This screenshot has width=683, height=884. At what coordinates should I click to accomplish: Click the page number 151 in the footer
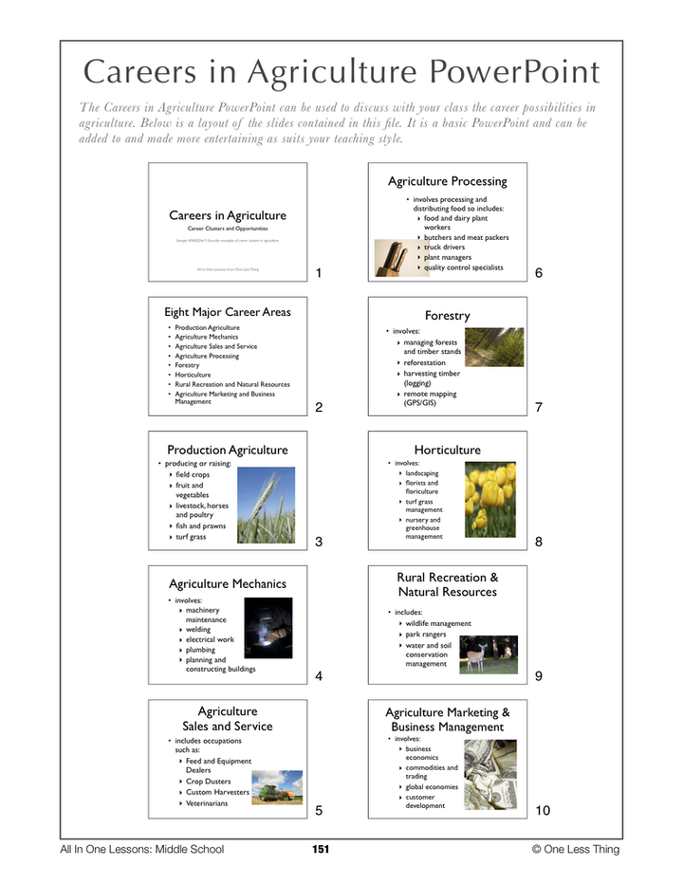click(x=320, y=849)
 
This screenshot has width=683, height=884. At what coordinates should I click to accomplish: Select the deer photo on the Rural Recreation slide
click(x=489, y=654)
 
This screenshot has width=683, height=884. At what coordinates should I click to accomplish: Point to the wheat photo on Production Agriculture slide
click(x=266, y=504)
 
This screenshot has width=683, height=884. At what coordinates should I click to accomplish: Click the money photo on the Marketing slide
click(x=489, y=772)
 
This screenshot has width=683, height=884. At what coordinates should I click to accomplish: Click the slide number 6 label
click(x=539, y=273)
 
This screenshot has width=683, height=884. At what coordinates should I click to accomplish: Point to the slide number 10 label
click(x=543, y=811)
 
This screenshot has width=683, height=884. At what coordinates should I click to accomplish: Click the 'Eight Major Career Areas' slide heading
click(x=228, y=311)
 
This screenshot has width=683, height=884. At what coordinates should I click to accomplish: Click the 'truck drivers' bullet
click(x=444, y=248)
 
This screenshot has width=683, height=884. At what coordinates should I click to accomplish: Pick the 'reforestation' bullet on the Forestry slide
click(x=431, y=362)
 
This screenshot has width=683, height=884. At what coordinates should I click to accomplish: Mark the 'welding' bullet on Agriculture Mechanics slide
click(x=199, y=629)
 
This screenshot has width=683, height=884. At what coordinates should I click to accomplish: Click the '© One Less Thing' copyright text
click(x=575, y=849)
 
